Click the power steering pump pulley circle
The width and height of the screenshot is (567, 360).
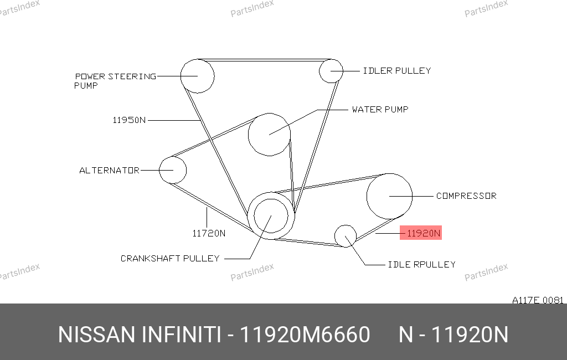click(181, 76)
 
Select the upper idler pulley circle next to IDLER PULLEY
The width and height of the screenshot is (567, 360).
click(319, 71)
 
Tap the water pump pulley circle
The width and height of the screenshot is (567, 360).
click(249, 135)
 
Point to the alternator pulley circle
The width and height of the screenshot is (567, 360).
click(159, 170)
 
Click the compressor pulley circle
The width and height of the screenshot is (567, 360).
click(367, 196)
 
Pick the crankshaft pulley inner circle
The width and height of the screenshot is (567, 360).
click(254, 216)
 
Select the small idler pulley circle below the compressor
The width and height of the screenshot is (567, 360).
click(335, 236)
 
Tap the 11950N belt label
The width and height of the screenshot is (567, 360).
click(129, 120)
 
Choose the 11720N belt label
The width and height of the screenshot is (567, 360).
click(209, 233)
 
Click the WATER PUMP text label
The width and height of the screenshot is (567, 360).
click(380, 110)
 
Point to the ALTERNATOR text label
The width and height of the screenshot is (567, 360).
click(109, 171)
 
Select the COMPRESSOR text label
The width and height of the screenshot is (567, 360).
click(466, 196)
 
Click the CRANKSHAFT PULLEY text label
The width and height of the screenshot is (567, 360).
click(170, 258)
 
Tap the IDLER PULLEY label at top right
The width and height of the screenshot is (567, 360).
click(396, 71)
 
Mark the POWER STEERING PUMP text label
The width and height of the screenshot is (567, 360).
click(115, 81)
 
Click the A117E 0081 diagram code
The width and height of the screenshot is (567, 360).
click(538, 300)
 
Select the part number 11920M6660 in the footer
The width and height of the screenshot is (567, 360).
click(305, 335)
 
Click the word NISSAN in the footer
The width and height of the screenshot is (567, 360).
click(96, 335)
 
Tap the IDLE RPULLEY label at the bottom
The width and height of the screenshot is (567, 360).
click(421, 265)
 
